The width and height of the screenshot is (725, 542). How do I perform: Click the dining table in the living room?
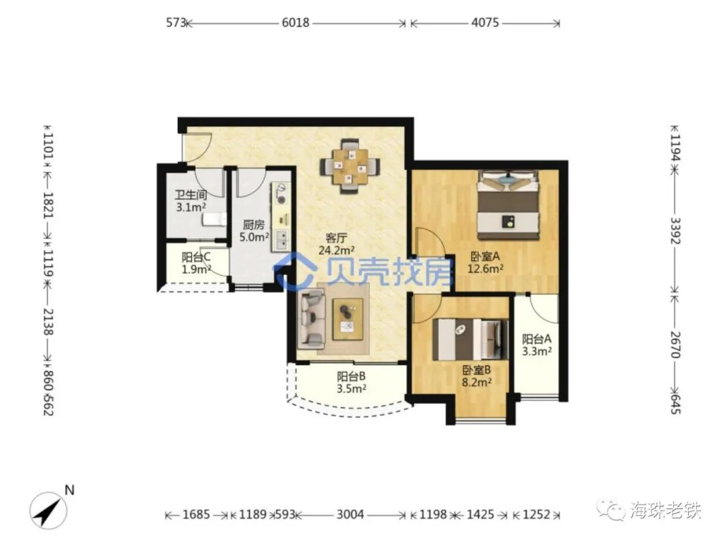point(351,166)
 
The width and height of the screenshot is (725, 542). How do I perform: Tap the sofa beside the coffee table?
point(312,319)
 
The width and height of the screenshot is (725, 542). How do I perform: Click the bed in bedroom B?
point(469,339)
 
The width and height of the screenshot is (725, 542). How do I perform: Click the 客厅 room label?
point(336,238)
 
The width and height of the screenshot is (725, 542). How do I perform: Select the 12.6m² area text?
point(485,268)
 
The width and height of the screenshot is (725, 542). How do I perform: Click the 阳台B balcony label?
point(351,376)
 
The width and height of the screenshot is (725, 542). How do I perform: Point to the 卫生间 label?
point(191,195)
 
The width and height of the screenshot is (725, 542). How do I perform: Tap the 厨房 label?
point(254,225)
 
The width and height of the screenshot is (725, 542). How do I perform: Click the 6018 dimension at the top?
point(295,22)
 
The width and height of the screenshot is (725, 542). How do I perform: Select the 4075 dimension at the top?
point(485,22)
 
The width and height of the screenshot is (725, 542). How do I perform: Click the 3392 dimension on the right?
point(675,231)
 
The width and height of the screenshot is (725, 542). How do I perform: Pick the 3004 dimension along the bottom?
point(350,514)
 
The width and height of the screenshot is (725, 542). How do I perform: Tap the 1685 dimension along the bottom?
point(196,514)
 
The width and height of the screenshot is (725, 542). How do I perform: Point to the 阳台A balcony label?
point(536,339)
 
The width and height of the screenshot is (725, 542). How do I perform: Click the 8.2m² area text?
point(477,382)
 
